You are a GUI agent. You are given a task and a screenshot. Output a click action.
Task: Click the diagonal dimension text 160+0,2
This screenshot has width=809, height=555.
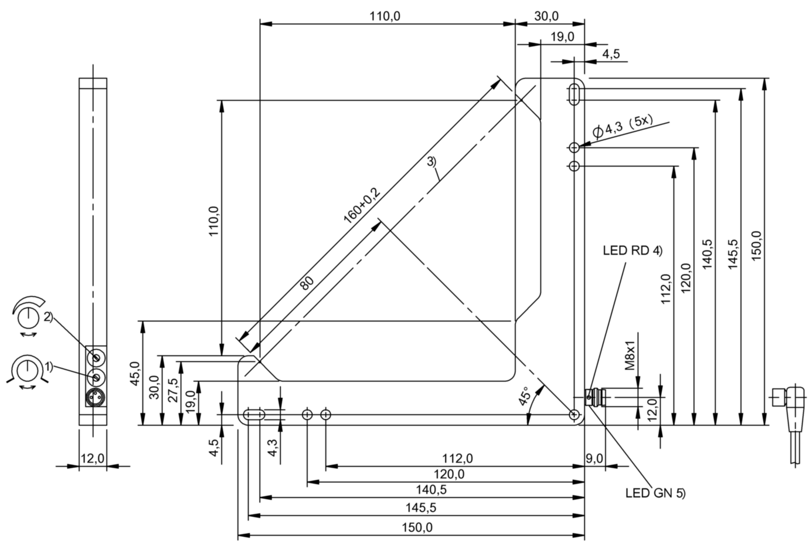(x=362, y=205)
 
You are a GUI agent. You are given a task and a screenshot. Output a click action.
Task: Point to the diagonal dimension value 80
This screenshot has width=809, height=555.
(x=307, y=283)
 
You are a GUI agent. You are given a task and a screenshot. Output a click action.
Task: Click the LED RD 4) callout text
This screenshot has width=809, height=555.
(x=632, y=251)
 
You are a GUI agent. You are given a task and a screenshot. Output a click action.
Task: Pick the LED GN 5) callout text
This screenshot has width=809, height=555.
(x=655, y=493)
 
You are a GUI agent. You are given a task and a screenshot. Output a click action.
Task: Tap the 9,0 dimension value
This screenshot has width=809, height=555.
(x=594, y=458)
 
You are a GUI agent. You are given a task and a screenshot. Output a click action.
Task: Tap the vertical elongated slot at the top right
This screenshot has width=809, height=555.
(x=574, y=94)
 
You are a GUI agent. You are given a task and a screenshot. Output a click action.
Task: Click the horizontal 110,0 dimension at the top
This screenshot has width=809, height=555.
(x=385, y=16)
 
